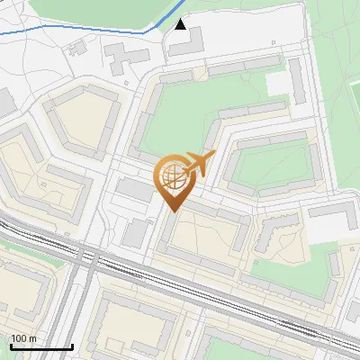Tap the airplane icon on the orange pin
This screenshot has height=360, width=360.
pyautogui.click(x=198, y=164)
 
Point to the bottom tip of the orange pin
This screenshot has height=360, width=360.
pyautogui.click(x=171, y=211)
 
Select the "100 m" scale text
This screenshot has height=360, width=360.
pyautogui.click(x=23, y=338)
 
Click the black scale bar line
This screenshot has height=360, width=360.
pyautogui.click(x=41, y=346)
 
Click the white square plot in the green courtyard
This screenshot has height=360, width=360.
pyautogui.click(x=279, y=84)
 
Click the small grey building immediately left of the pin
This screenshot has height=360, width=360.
pyautogui.click(x=136, y=190)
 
